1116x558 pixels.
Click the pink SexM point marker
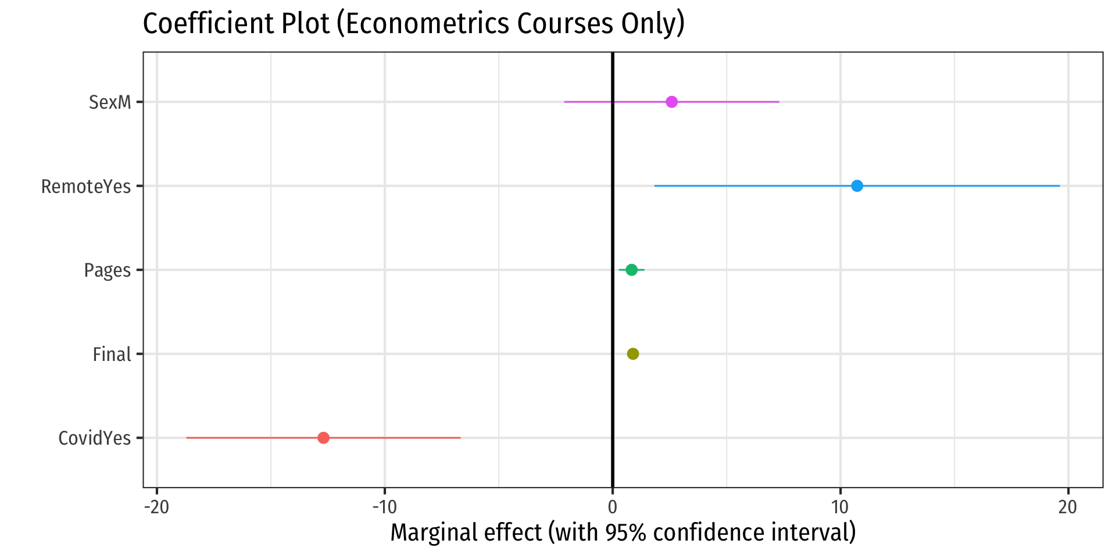click(671, 102)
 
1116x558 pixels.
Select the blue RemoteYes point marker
click(857, 186)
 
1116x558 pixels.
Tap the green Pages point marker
click(631, 270)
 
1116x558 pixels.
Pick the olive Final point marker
click(633, 354)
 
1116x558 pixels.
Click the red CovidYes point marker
click(324, 438)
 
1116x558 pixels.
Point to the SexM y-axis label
click(110, 102)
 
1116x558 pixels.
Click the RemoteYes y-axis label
click(86, 187)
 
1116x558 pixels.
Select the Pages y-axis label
click(108, 270)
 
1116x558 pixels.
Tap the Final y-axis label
click(112, 354)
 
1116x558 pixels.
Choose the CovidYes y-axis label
click(95, 438)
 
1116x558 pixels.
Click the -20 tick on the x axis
click(156, 507)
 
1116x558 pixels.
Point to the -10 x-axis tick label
click(384, 507)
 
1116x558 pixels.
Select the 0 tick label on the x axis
click(612, 507)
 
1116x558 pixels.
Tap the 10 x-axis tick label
click(840, 507)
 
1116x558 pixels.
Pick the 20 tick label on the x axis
click(1068, 507)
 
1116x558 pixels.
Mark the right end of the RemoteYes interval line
click(1060, 186)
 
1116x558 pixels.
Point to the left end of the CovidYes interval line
click(187, 438)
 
